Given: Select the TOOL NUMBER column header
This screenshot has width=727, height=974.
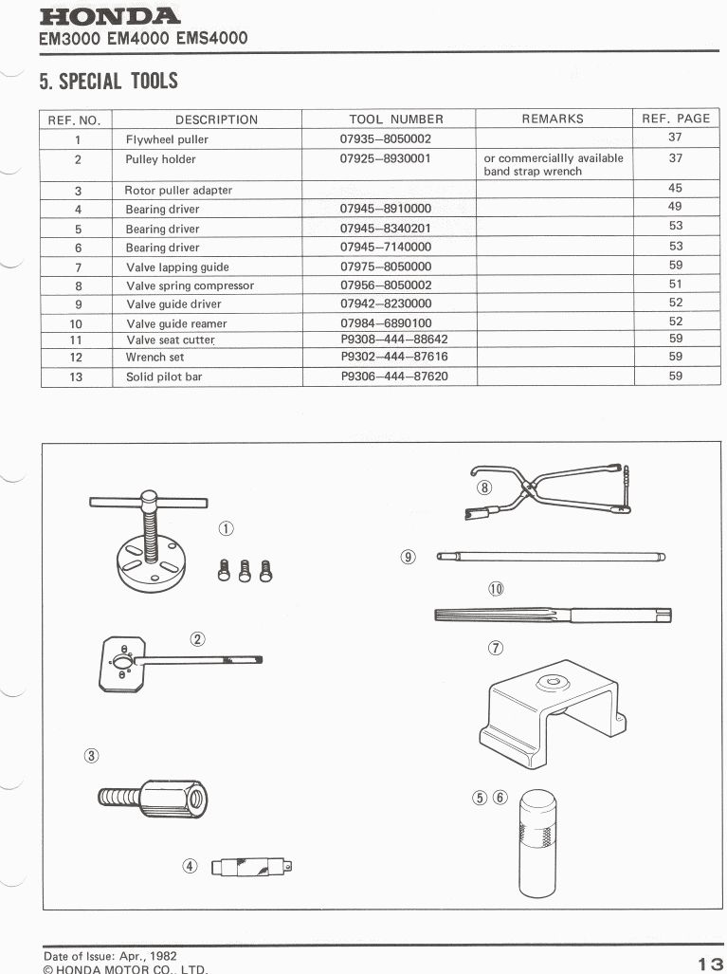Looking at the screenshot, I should (x=396, y=119).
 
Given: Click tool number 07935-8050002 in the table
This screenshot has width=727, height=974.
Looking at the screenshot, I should (x=386, y=139).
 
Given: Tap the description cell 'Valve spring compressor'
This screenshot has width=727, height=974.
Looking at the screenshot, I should (x=190, y=285).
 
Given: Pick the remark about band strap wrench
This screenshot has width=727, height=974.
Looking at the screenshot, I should (x=554, y=165).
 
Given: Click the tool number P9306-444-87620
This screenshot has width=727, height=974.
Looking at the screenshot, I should (x=394, y=377).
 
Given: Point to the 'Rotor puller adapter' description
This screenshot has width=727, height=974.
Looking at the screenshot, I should (x=178, y=190).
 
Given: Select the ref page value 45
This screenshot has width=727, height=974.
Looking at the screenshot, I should (x=675, y=188).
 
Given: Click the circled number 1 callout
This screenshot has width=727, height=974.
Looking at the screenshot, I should (x=226, y=528).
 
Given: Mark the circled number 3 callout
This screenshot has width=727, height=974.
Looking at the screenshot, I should (x=91, y=755).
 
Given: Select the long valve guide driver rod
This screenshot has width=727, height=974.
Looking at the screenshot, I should (x=550, y=557).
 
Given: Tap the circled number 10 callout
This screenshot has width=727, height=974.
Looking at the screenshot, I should (x=496, y=589).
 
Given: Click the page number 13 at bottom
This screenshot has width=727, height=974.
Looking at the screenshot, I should (x=709, y=964).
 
